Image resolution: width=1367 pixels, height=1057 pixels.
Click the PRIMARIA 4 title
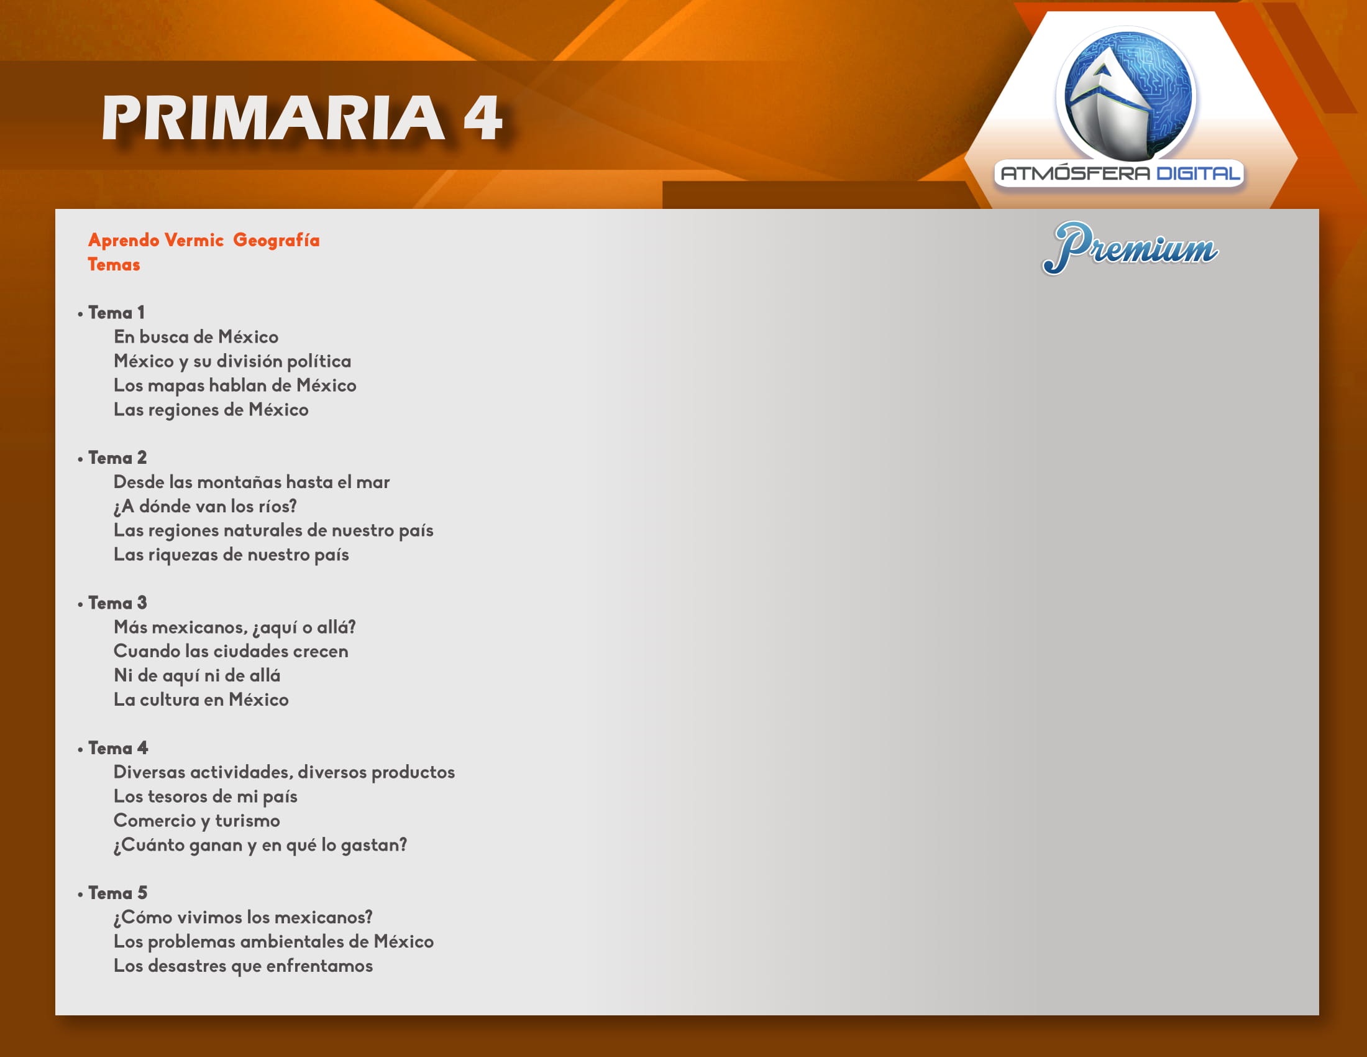pos(302,117)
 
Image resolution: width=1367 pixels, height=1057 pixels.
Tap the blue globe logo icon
pos(1126,94)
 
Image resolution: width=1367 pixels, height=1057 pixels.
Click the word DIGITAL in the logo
pos(1198,173)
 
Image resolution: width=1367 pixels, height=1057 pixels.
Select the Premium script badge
pos(1130,247)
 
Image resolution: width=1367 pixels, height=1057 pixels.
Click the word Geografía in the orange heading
pos(276,241)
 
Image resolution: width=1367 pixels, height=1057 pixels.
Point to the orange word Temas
pos(113,264)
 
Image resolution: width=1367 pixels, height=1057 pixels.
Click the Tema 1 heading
pos(116,313)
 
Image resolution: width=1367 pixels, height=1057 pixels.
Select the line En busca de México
pos(196,337)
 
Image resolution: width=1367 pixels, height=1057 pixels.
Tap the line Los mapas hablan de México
pos(235,385)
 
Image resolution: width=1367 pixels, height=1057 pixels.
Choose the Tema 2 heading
pos(117,458)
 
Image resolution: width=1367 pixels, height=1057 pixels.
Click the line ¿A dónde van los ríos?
pos(205,506)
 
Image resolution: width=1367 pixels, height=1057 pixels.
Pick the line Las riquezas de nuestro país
pos(231,555)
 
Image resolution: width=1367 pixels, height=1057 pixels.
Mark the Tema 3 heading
pos(117,603)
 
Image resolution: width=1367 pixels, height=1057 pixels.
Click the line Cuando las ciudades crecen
pos(231,651)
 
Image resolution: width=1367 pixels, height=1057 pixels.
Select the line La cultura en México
pos(201,699)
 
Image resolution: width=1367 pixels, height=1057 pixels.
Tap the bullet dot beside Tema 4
pos(80,750)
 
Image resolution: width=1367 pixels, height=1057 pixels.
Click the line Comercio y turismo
pos(196,821)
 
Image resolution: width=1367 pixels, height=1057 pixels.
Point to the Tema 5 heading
pos(117,893)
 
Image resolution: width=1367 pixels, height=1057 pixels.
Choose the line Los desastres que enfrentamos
pos(243,966)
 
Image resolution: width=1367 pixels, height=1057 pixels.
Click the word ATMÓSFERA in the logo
pos(1076,172)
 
